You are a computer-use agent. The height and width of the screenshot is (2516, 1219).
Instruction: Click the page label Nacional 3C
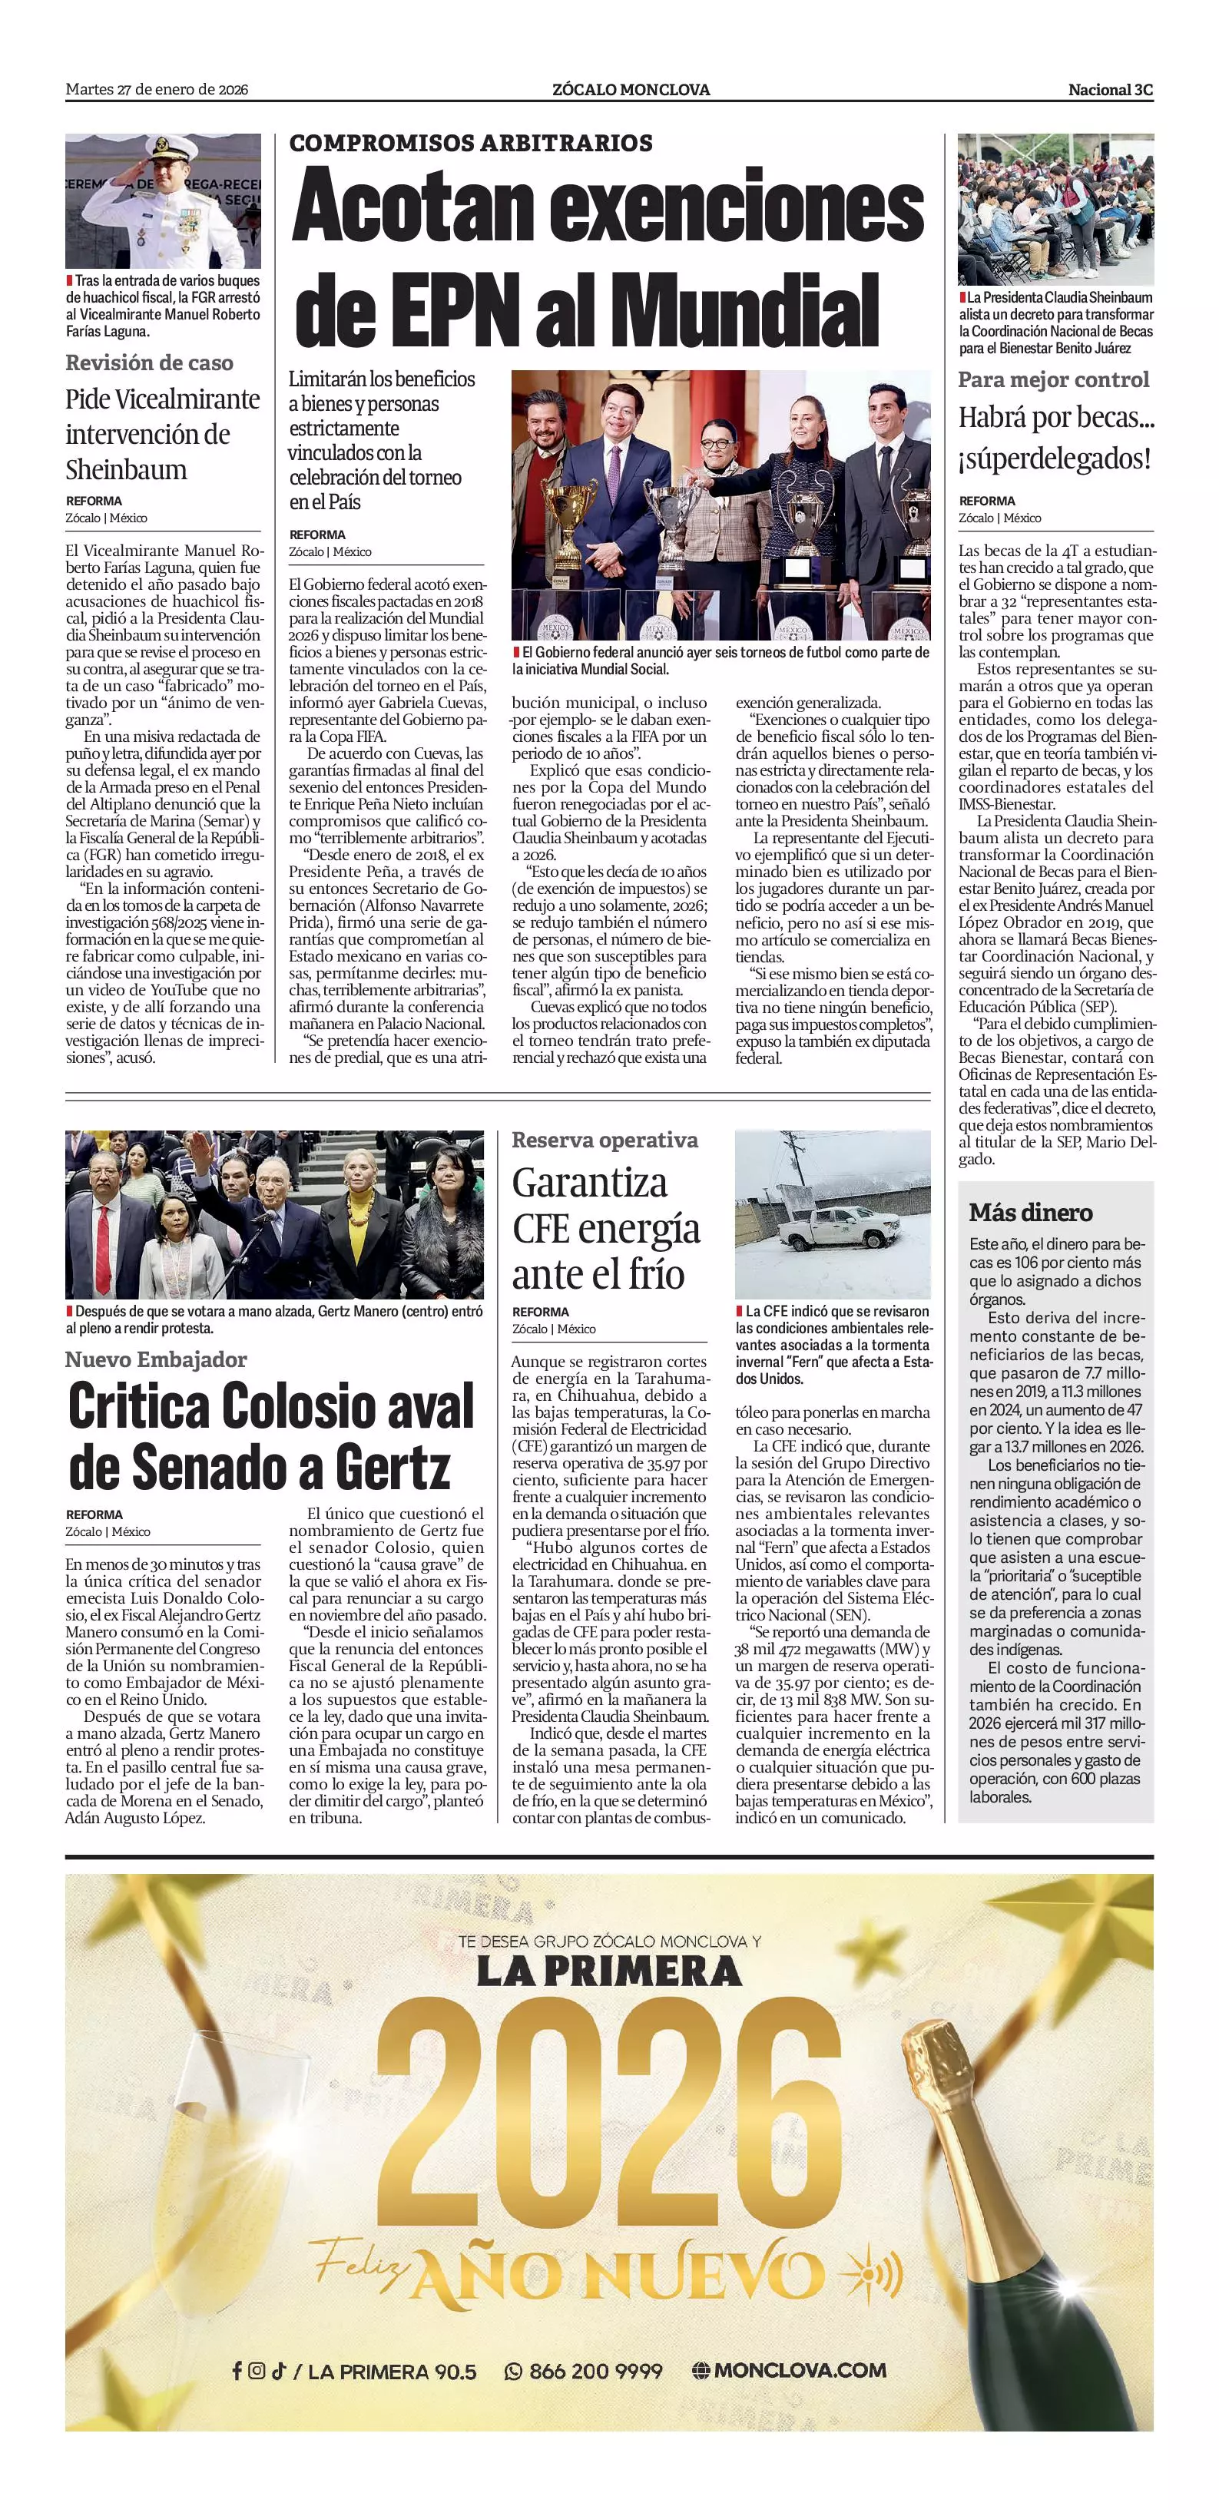(x=1110, y=90)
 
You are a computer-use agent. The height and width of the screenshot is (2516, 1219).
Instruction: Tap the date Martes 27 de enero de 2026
(x=156, y=90)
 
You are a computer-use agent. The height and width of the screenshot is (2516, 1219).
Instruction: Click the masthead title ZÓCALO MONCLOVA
(x=630, y=90)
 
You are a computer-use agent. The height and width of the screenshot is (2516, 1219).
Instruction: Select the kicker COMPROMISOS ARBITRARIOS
(x=471, y=143)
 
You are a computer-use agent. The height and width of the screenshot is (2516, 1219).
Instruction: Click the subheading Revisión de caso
(x=150, y=363)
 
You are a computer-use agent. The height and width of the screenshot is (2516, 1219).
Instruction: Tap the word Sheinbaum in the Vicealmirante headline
(x=126, y=470)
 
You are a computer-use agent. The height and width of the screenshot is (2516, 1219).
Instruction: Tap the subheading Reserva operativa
(x=605, y=1140)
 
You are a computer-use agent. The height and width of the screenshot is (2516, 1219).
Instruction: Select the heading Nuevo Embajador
(x=156, y=1359)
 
